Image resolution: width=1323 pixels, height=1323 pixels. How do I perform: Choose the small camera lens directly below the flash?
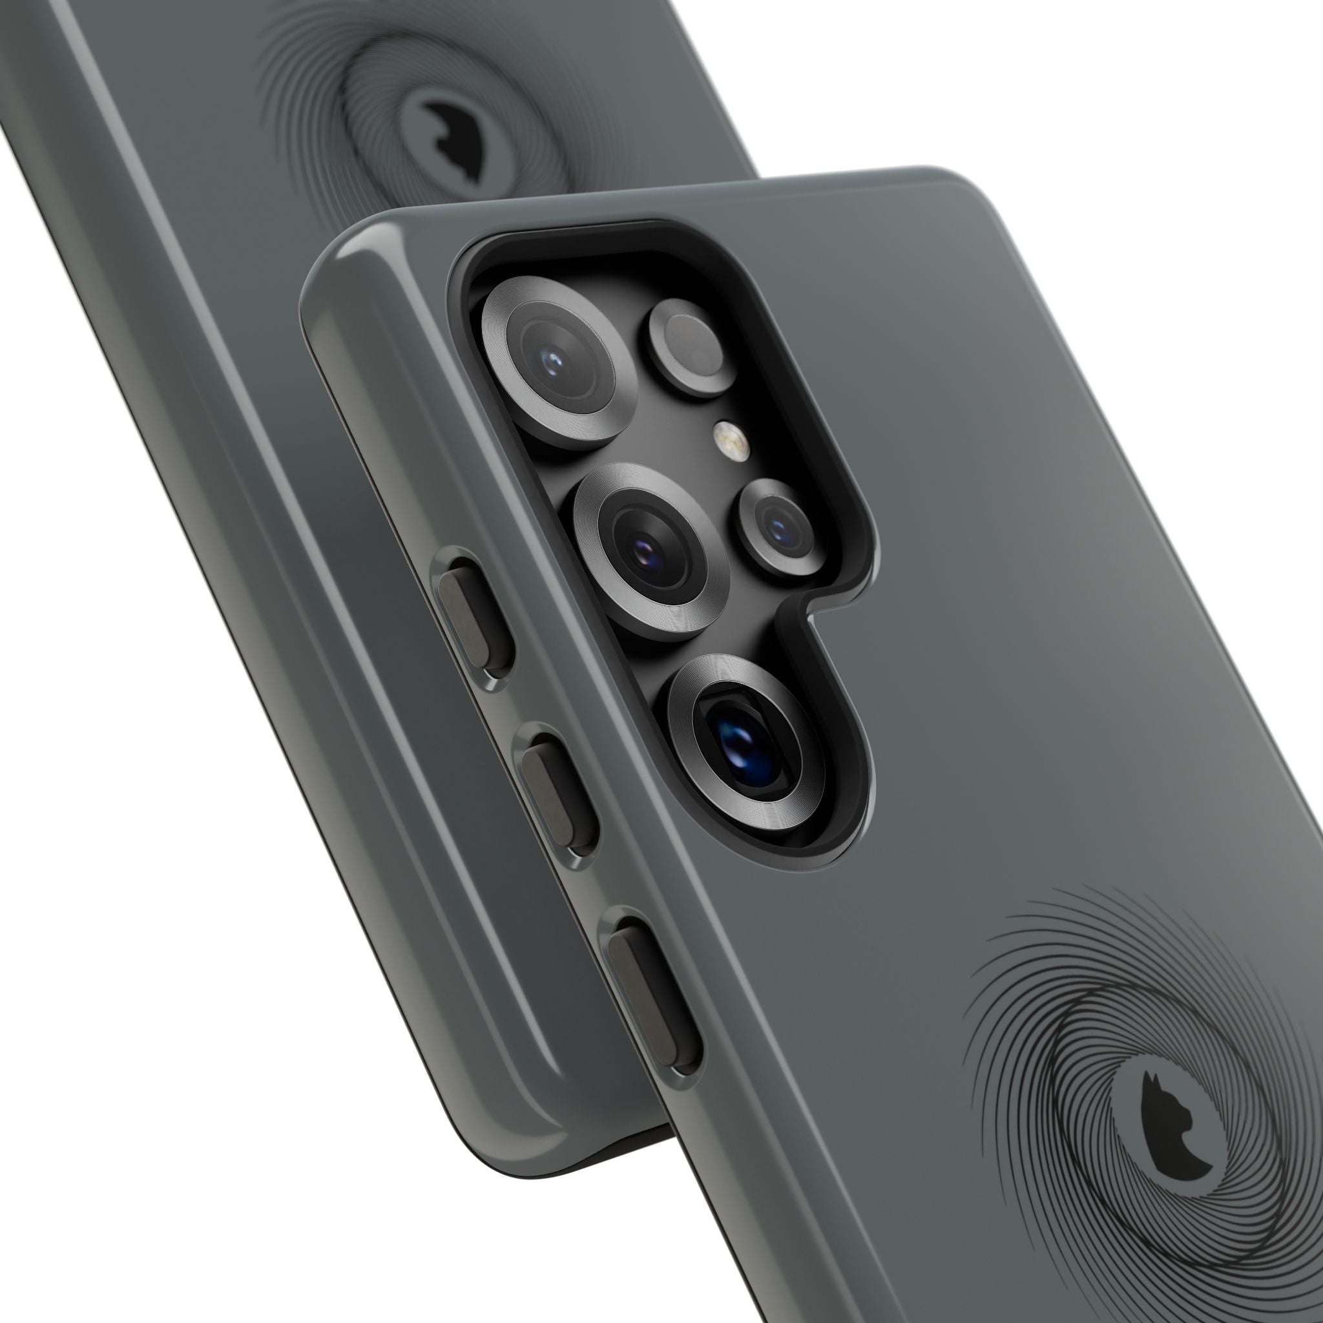(x=780, y=526)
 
